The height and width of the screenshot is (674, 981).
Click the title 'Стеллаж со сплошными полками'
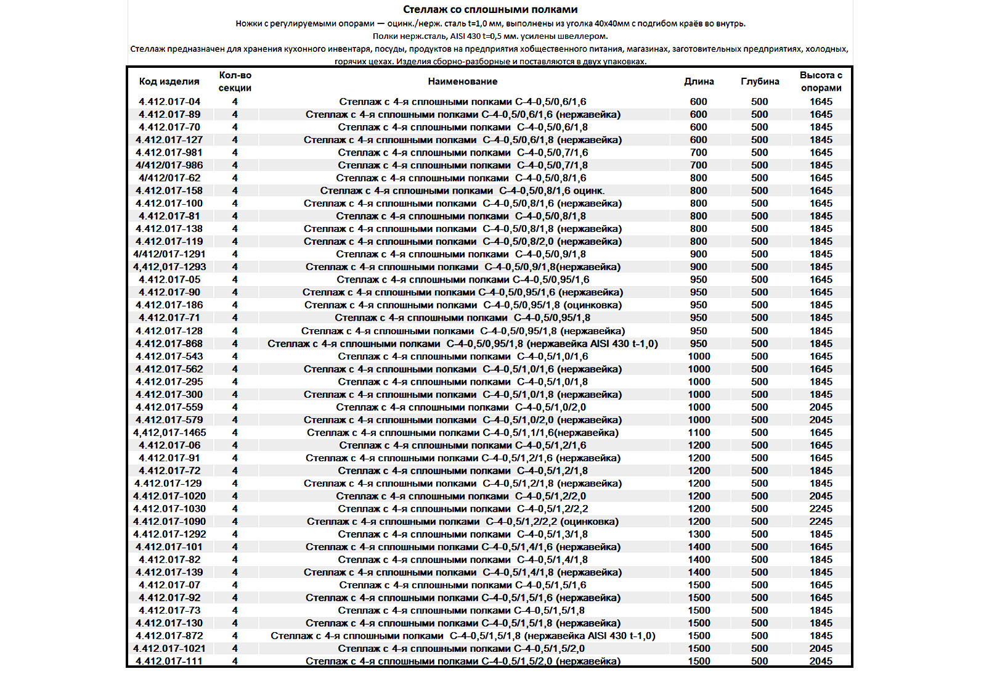(x=490, y=9)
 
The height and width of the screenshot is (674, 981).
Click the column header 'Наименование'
(x=462, y=81)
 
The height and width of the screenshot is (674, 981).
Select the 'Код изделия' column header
(x=169, y=81)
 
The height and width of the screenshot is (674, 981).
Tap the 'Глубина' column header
(x=759, y=81)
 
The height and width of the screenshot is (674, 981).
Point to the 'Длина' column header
(x=698, y=81)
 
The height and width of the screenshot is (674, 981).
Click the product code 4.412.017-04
(x=169, y=102)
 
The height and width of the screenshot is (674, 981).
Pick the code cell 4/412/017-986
(x=169, y=165)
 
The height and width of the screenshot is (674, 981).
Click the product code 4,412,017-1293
(x=169, y=267)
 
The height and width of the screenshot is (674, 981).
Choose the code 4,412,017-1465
(x=169, y=432)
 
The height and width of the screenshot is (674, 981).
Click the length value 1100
(x=699, y=432)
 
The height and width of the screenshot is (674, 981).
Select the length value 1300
(x=699, y=534)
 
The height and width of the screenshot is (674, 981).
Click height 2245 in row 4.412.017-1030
(x=820, y=509)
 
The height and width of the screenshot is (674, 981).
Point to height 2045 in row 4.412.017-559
(x=820, y=407)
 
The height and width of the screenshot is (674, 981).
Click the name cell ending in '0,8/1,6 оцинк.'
(x=462, y=191)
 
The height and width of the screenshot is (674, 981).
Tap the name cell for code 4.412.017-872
(x=462, y=636)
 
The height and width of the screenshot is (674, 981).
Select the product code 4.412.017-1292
(x=169, y=534)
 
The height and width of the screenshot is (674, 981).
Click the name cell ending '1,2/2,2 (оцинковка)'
(x=462, y=522)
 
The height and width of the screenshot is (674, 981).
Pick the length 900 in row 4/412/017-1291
(x=698, y=254)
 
